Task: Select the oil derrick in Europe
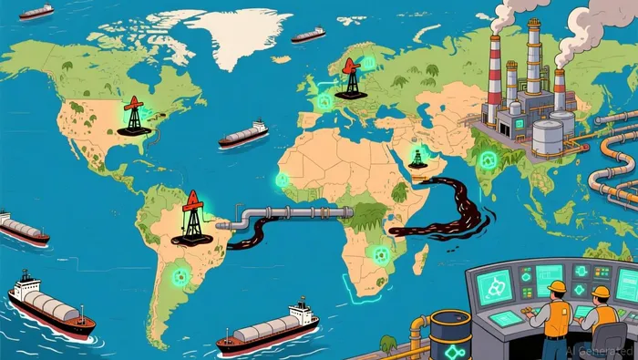[x=351, y=77]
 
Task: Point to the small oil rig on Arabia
[x=417, y=159]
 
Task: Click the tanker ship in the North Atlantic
[x=243, y=135]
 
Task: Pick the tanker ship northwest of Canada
[x=36, y=12]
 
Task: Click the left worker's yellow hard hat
[x=556, y=286]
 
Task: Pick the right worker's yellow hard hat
[x=602, y=292]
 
